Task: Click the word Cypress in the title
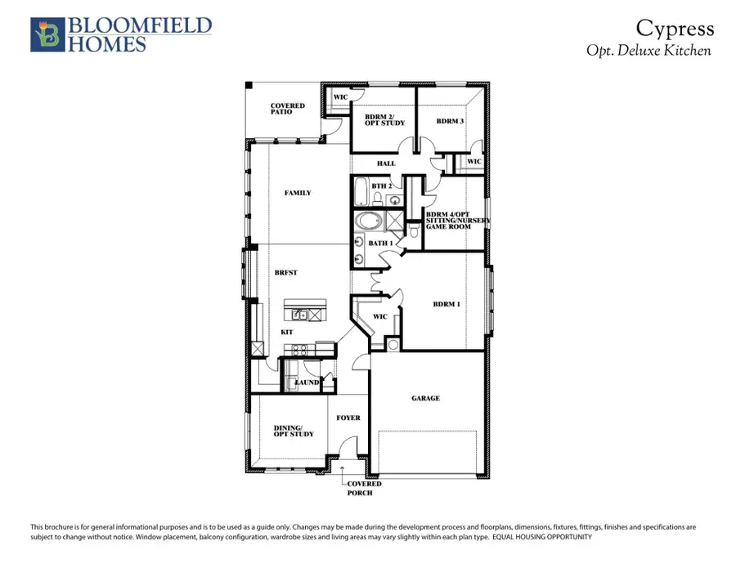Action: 675,29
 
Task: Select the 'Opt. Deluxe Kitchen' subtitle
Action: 649,50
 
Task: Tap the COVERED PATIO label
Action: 288,109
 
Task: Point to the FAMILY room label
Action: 298,193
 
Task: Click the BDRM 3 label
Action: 450,121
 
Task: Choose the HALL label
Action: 386,163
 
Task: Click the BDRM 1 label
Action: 447,304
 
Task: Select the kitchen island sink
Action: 301,314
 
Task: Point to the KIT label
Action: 287,333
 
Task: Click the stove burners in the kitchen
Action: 299,349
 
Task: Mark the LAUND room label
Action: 307,382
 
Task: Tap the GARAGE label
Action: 425,398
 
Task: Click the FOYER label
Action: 348,418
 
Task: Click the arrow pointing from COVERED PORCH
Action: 343,472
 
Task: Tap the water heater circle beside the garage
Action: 392,345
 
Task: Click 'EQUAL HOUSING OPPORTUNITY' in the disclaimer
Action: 541,537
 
